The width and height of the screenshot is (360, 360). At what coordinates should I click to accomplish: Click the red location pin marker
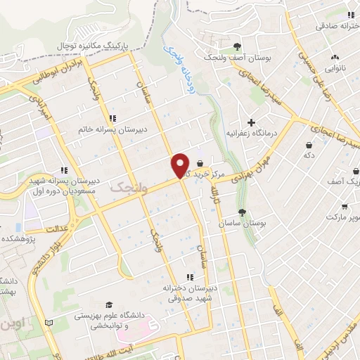point(180,165)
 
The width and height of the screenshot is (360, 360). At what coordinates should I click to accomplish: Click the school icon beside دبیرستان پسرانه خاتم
point(112,117)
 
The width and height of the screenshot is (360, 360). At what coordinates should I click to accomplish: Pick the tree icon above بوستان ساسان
point(243,212)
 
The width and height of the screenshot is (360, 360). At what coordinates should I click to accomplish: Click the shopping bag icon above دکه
point(309,145)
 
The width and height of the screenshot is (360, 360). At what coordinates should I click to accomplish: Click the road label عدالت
point(54,228)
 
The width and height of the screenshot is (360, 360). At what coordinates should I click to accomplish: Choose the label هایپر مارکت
point(345,219)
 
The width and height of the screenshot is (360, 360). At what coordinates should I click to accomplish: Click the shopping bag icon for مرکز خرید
point(200,163)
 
